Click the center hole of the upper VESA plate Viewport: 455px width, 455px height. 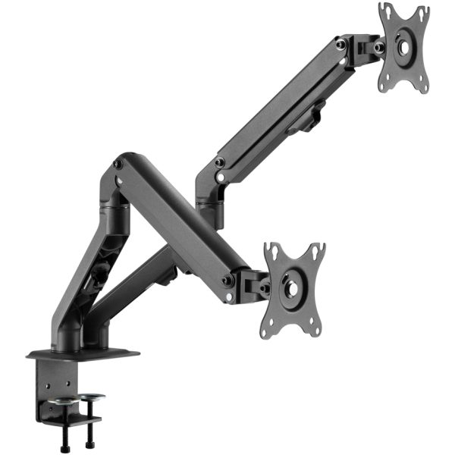click(403, 46)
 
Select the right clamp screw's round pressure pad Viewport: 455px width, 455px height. click(93, 396)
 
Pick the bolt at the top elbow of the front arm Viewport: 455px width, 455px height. click(118, 164)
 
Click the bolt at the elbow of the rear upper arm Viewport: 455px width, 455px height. click(218, 162)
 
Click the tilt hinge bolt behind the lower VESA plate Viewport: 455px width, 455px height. click(265, 288)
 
